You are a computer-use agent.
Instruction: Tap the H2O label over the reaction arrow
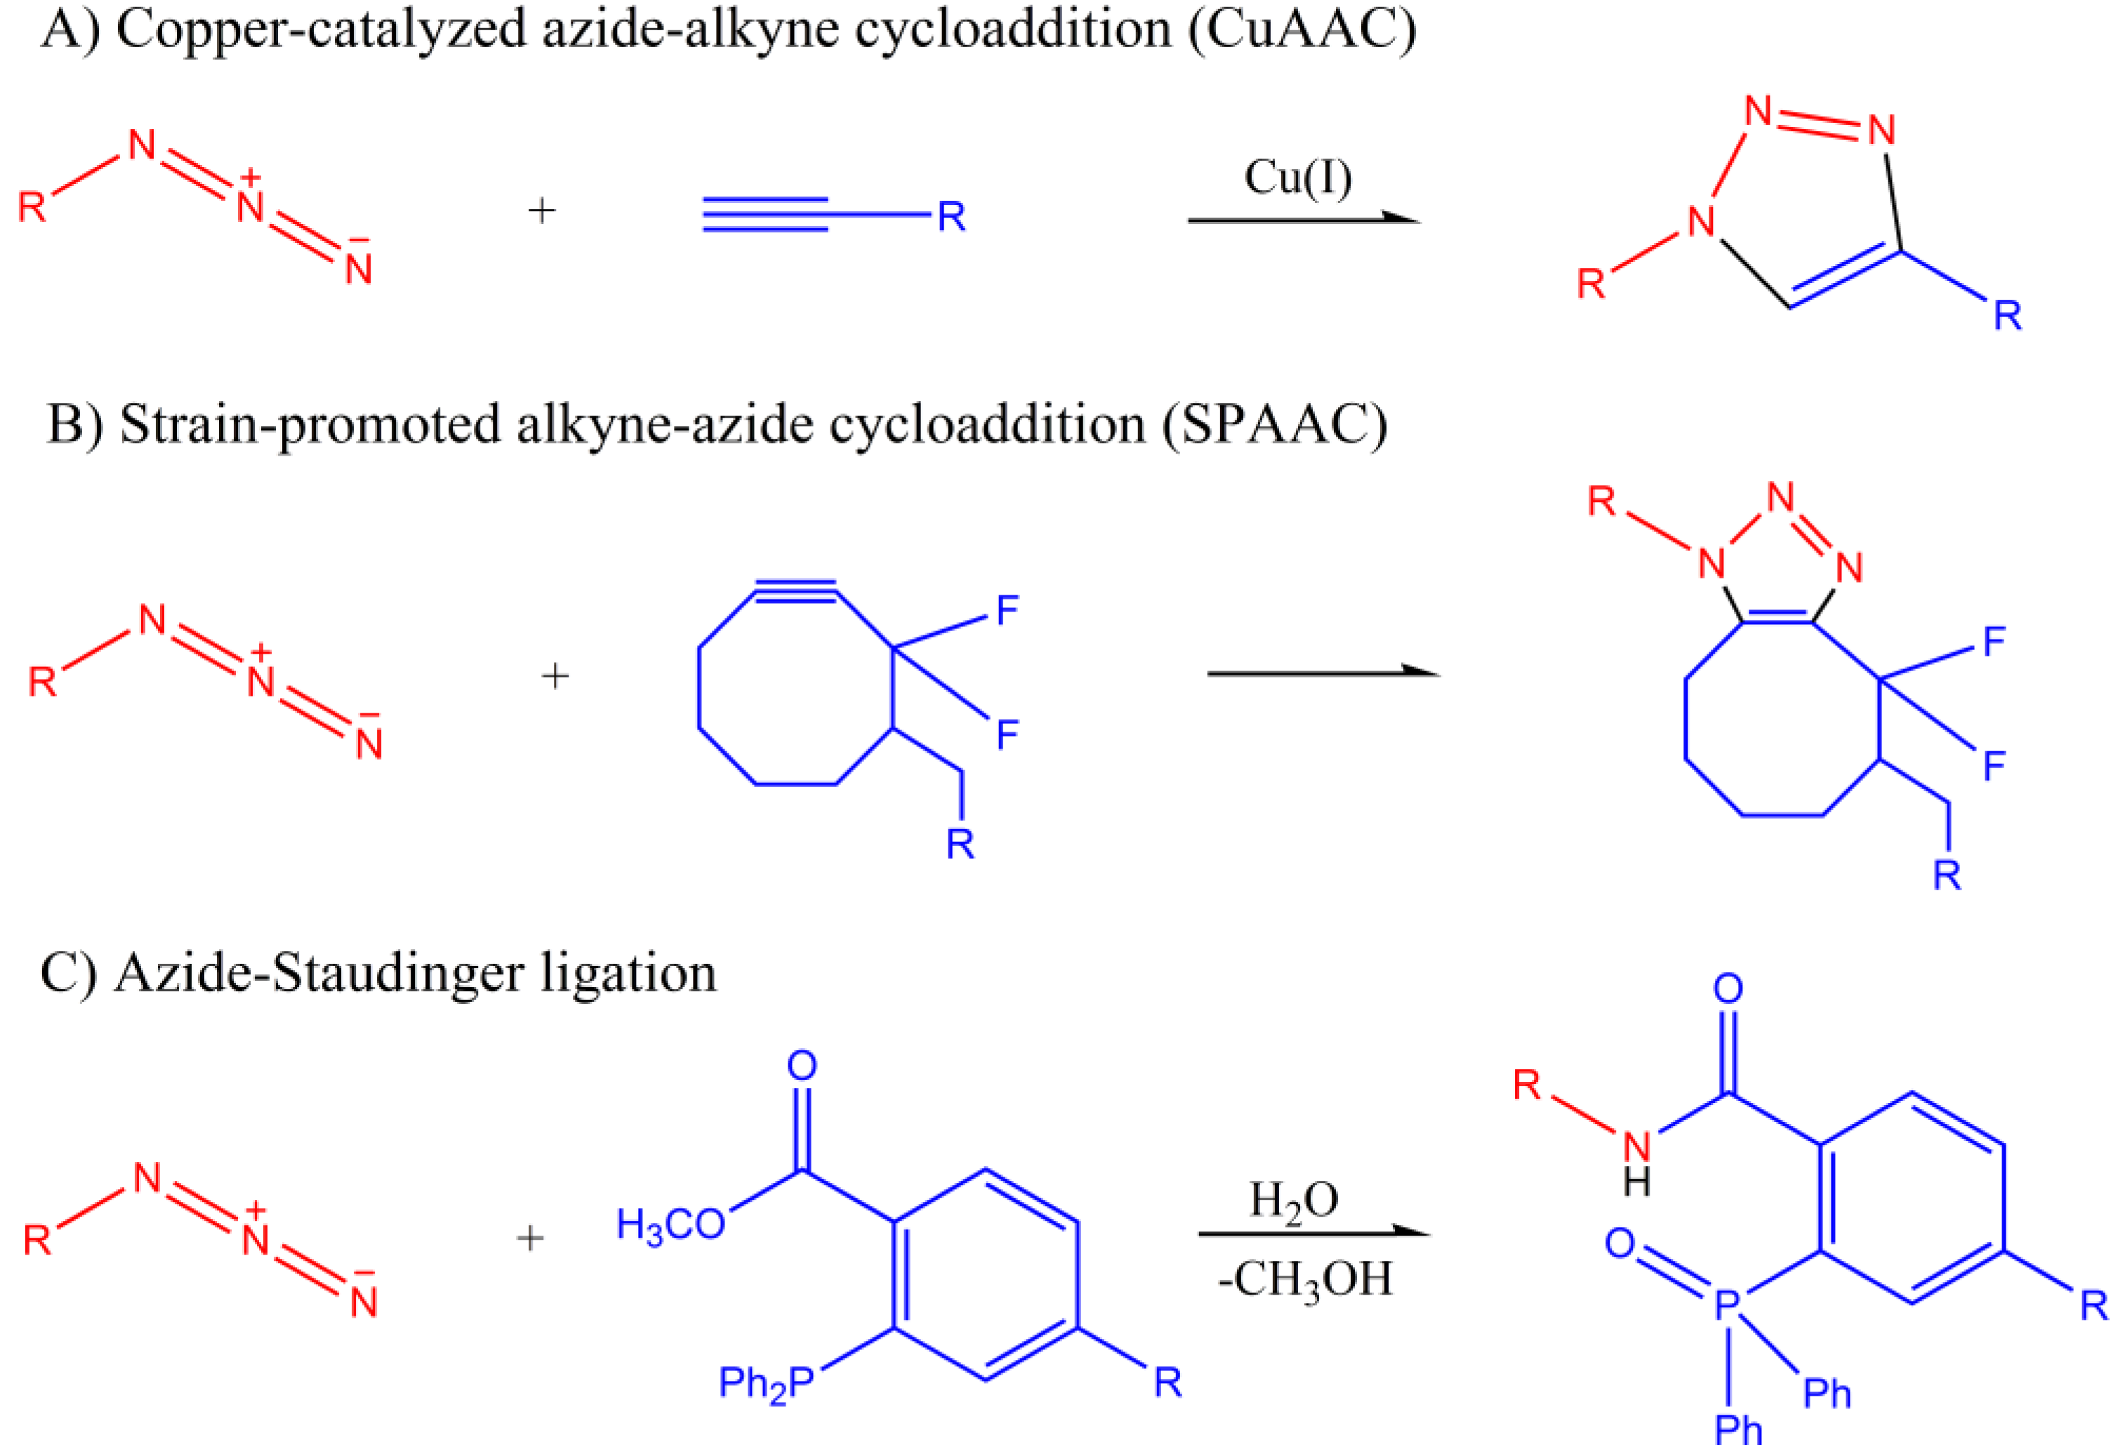click(1293, 1200)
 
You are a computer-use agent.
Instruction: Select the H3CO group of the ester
click(670, 1225)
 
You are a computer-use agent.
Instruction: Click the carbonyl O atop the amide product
click(1728, 989)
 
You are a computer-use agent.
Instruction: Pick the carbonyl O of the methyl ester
click(801, 1066)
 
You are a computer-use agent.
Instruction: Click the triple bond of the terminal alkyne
click(765, 215)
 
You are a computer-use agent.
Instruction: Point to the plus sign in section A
click(542, 211)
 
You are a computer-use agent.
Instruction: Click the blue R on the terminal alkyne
click(951, 217)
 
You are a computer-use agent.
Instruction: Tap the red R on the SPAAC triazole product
click(1601, 501)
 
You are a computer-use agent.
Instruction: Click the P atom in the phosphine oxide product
click(1727, 1305)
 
